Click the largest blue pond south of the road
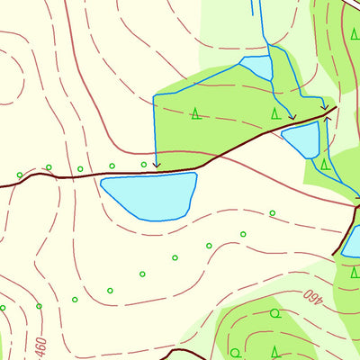coord(148,195)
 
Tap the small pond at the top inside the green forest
coord(256,67)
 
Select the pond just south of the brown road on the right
coord(302,140)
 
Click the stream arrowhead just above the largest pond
coord(156,166)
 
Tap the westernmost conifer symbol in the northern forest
coord(196,113)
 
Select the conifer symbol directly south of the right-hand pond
coord(325,165)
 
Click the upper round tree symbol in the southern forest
coord(275,314)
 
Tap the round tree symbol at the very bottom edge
coord(236,352)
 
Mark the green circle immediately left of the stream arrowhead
coord(144,164)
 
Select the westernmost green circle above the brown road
coord(20,175)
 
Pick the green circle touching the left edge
coord(3,308)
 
